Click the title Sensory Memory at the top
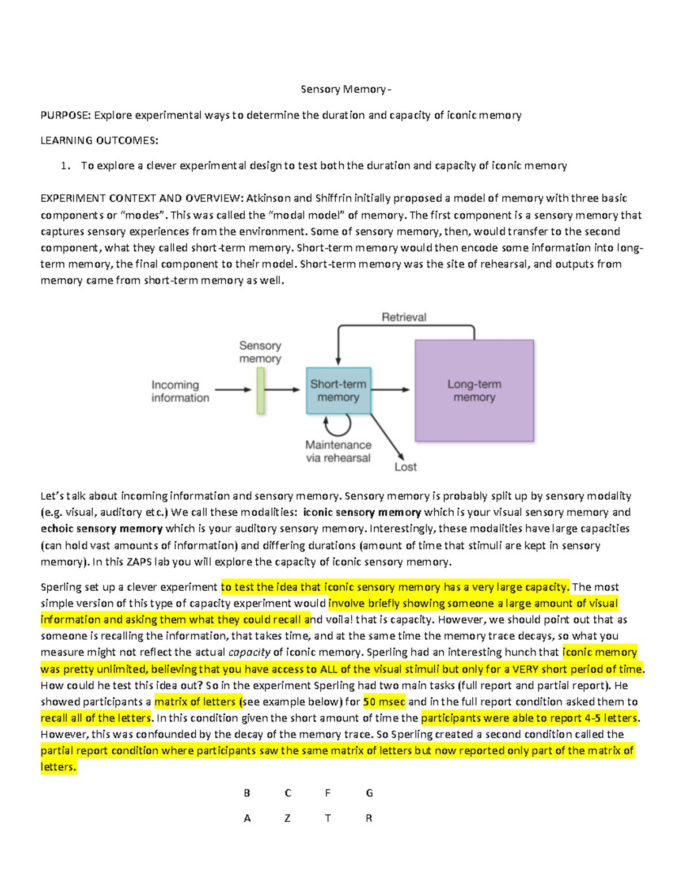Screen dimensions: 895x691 344,89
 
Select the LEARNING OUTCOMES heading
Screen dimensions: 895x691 99,141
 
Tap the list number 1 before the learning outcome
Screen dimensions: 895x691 65,166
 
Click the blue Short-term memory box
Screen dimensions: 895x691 339,391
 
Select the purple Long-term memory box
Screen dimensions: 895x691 474,391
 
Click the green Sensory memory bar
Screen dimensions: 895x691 260,391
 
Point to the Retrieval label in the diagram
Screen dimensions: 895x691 404,317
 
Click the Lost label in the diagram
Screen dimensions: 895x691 405,467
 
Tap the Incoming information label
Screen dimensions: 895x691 180,391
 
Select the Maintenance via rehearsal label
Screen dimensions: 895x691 338,451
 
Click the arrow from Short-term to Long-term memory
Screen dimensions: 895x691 390,390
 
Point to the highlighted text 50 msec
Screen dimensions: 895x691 384,702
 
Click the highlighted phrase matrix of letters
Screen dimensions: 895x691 195,702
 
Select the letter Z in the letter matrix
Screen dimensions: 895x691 287,818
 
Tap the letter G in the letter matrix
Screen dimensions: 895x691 369,793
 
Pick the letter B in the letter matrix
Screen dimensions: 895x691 247,793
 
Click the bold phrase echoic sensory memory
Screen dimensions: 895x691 101,528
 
